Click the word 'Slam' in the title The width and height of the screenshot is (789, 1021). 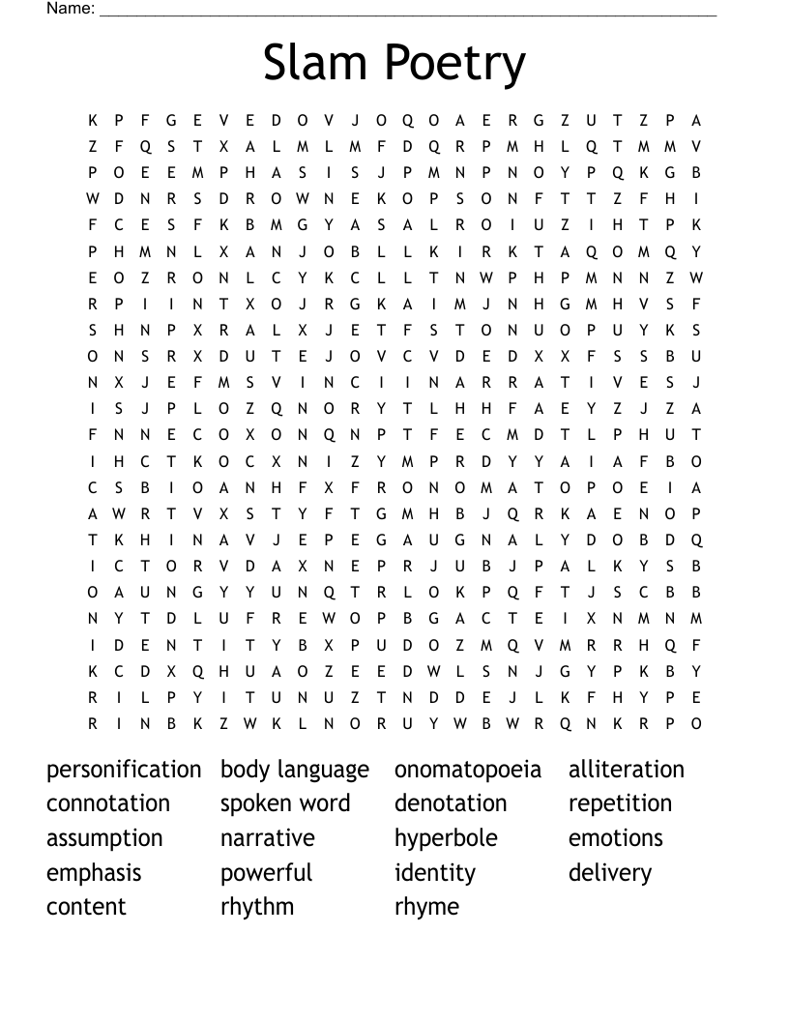coord(313,63)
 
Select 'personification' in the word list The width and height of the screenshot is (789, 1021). coord(124,770)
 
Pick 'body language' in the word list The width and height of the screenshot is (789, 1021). coord(295,771)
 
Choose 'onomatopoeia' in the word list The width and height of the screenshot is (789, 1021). coord(468,771)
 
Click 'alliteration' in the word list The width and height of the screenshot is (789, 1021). coord(626,770)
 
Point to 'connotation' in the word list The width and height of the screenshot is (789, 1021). coord(108,803)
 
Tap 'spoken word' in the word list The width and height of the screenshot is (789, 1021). coord(285,804)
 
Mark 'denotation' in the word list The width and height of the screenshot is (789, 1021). coord(451,803)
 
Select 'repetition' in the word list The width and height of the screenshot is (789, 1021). coord(620,804)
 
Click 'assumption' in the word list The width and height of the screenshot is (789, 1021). coord(104,839)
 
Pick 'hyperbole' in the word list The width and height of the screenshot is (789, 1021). coord(446,838)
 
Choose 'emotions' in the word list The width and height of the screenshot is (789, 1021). coord(616,837)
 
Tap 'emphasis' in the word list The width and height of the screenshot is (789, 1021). coord(94,873)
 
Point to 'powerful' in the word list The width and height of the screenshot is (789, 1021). coord(266,873)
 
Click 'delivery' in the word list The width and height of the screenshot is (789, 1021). coord(610,873)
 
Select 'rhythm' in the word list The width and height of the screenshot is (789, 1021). coord(257,908)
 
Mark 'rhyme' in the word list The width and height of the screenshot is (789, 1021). coord(426,908)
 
